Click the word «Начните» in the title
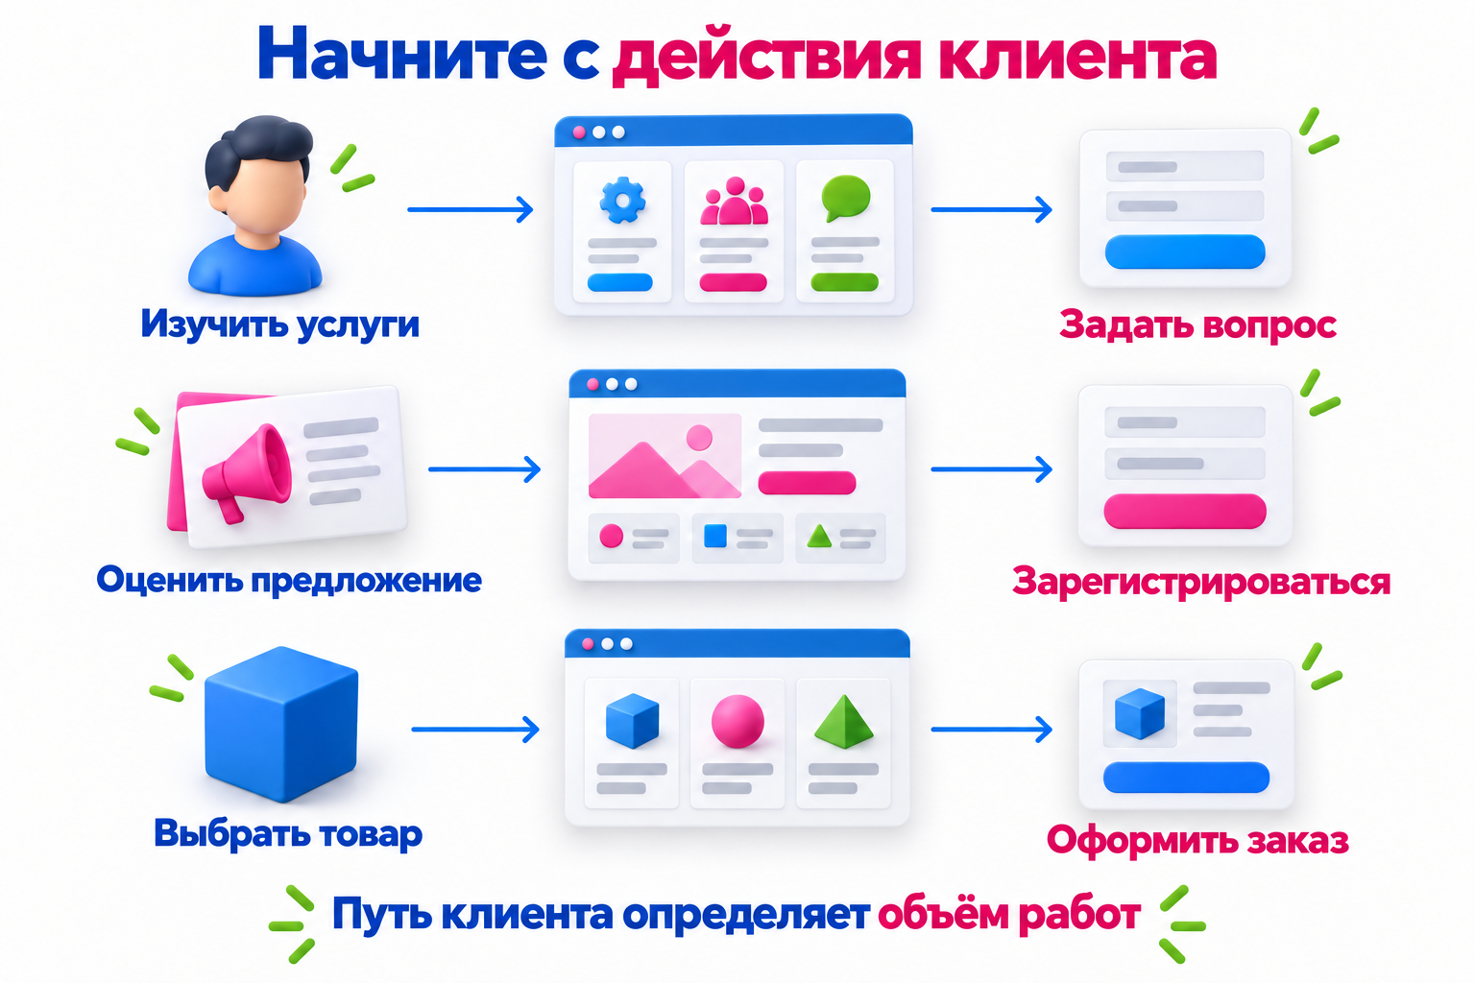click(x=401, y=54)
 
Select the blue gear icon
click(x=622, y=201)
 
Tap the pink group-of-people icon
click(x=735, y=201)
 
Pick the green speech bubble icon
click(x=845, y=198)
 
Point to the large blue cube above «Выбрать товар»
click(x=281, y=724)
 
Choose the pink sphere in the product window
click(x=737, y=721)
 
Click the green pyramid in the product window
click(x=843, y=722)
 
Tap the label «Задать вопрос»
click(x=1197, y=324)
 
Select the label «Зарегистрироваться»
click(x=1201, y=582)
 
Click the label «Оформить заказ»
click(x=1197, y=841)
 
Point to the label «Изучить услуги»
click(x=279, y=324)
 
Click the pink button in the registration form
click(x=1185, y=511)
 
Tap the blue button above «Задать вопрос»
click(x=1185, y=252)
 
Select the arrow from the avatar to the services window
click(x=471, y=209)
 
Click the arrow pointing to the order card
click(x=991, y=729)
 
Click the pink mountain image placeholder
click(x=665, y=456)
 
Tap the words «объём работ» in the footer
click(x=1009, y=914)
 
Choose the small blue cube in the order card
click(x=1140, y=713)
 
